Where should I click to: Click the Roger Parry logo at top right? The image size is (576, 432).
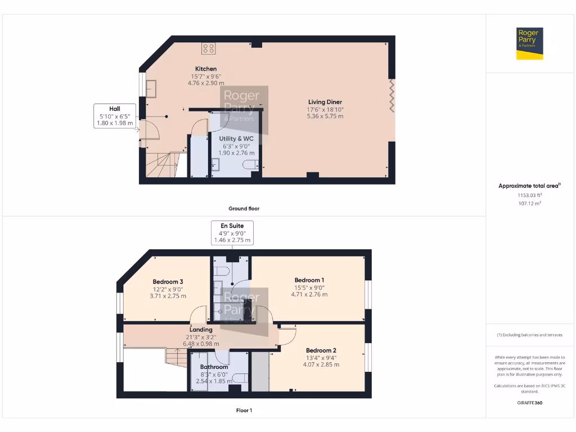tap(530, 43)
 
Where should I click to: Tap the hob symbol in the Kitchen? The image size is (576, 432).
tap(208, 48)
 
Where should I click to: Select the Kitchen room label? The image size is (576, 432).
tap(206, 69)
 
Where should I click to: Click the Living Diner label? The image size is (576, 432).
tap(325, 102)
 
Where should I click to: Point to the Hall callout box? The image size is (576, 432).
tap(115, 116)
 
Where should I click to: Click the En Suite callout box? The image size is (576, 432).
tap(232, 233)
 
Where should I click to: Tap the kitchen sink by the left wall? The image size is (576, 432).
tap(151, 89)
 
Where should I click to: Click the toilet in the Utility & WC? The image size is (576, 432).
tap(250, 164)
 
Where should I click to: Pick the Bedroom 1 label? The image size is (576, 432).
tap(309, 280)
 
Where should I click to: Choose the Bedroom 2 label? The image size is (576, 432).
tap(322, 350)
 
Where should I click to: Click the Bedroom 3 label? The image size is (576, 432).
tap(168, 282)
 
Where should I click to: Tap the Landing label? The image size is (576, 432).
tap(201, 330)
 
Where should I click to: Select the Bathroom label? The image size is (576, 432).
tap(214, 367)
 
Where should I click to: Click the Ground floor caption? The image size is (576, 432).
tap(244, 208)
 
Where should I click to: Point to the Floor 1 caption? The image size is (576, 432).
tap(244, 410)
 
